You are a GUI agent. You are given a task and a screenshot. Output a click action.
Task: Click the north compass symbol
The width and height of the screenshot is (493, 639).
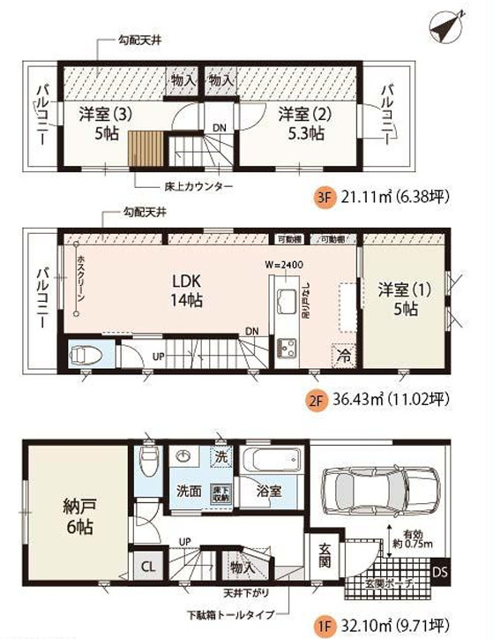pos(447,25)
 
